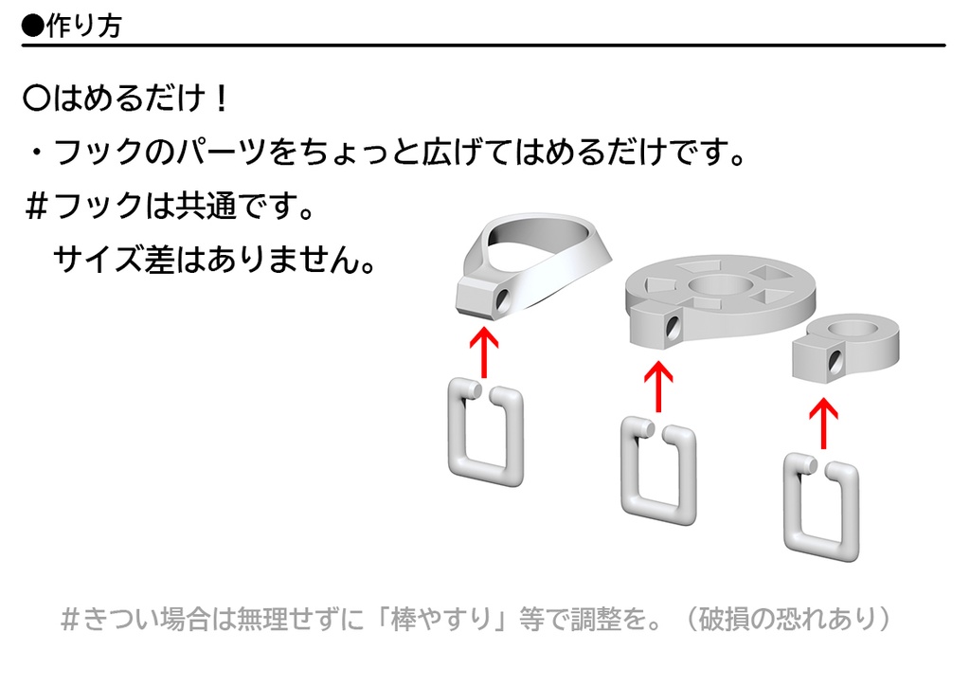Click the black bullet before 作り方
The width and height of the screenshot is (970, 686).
click(x=32, y=26)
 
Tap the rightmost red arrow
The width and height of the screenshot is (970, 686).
click(x=823, y=421)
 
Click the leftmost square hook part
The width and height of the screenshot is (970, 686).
click(x=485, y=431)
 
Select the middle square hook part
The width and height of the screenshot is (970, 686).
click(x=657, y=471)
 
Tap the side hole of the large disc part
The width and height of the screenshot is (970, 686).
click(x=674, y=327)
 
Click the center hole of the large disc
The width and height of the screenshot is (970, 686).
click(x=721, y=285)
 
